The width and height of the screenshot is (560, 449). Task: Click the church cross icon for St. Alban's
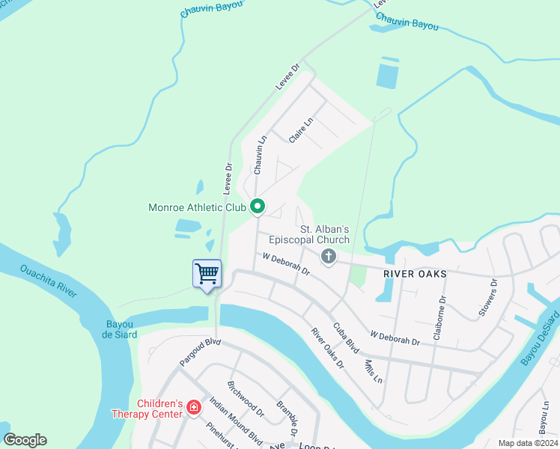coord(328,257)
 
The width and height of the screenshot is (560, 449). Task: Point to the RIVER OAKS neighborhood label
coord(415,274)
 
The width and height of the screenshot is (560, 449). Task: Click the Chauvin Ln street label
coord(261,155)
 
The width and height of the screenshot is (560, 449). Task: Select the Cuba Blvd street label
coord(346,338)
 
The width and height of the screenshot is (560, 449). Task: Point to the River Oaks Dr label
coord(327,349)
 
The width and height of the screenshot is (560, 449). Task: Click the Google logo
coord(25,440)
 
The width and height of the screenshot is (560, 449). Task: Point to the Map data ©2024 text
coord(527,443)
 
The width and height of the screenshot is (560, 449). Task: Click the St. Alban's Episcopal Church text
coord(325,234)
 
